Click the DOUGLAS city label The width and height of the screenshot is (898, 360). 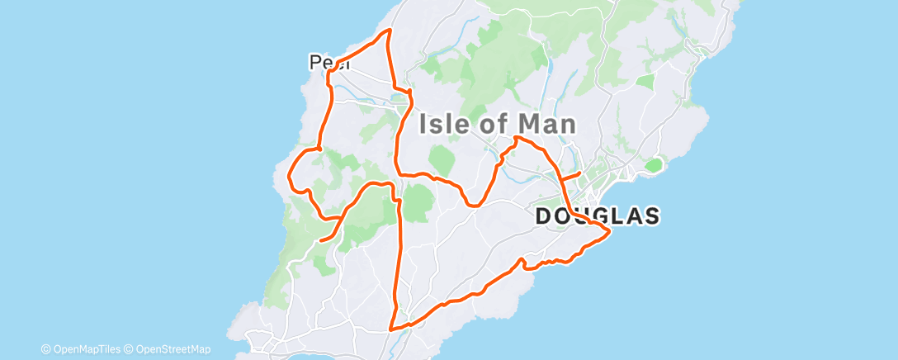(598, 216)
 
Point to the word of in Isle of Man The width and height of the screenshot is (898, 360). (497, 125)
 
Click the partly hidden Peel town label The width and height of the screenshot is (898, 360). (324, 62)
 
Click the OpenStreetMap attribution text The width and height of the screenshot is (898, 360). (173, 349)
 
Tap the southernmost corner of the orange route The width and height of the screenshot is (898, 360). (391, 329)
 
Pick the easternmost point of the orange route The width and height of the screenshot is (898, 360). (609, 234)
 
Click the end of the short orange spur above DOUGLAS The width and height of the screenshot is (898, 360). (580, 173)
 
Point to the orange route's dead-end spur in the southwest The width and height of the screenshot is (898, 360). (320, 240)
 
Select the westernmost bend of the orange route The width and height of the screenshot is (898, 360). (289, 174)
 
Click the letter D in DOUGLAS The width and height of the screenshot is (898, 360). (545, 216)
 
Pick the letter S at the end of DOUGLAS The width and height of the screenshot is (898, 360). (651, 216)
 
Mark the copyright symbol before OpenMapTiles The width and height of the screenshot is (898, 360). (46, 349)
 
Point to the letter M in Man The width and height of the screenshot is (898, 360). (527, 125)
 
